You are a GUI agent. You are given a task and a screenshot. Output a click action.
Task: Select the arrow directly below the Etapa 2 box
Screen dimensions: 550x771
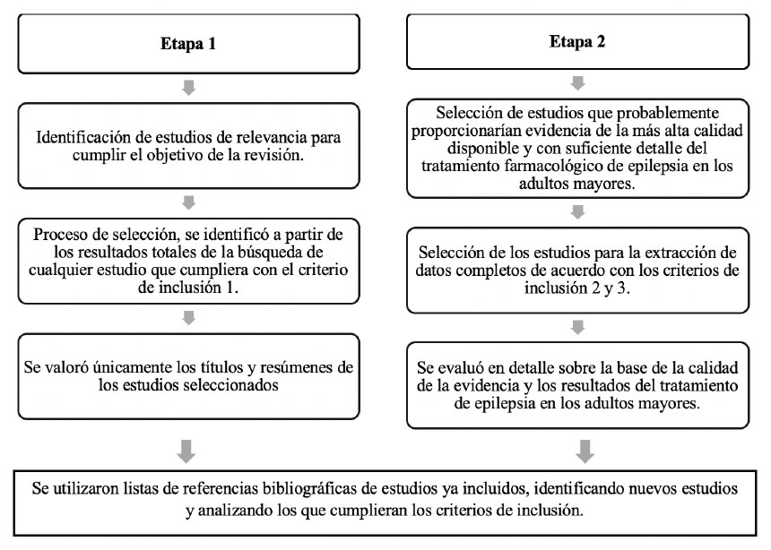click(x=577, y=83)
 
